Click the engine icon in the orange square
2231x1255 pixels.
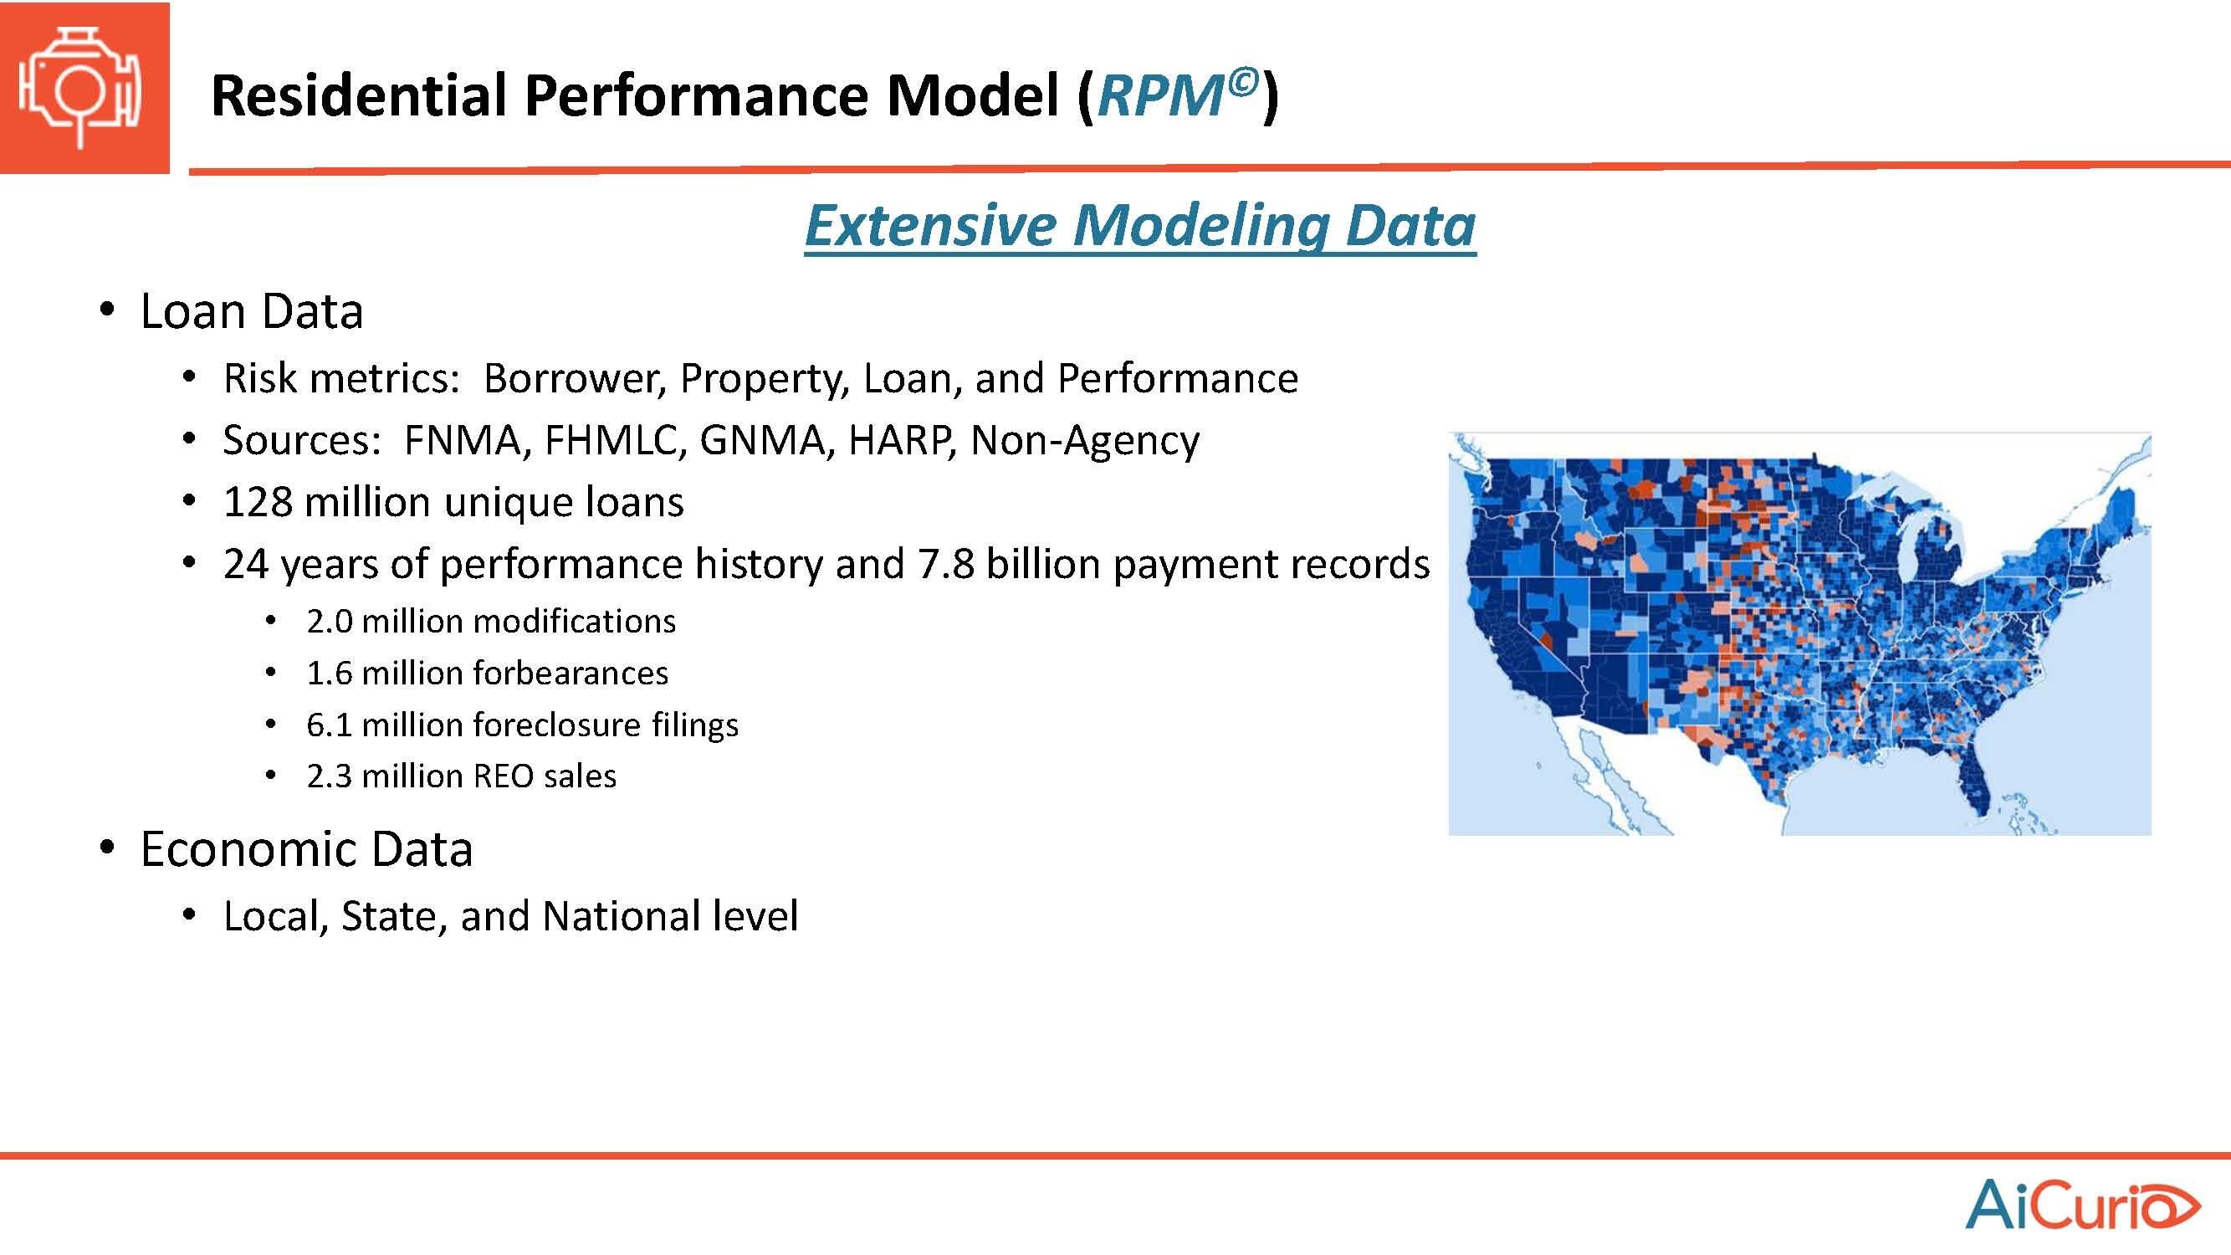(79, 87)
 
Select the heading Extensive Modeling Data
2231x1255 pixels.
(1139, 225)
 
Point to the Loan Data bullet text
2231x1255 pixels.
(251, 311)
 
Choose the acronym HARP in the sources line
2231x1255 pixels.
(903, 440)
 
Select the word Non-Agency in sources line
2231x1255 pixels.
(1085, 440)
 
